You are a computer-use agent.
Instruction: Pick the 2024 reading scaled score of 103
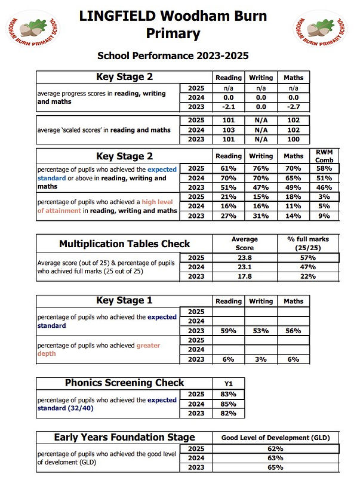(x=229, y=130)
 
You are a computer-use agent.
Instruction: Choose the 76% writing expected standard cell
(x=260, y=170)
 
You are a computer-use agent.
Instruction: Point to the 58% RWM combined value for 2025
(x=325, y=170)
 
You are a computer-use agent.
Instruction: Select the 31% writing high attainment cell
(x=260, y=216)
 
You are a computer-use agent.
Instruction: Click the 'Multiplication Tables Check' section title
(x=125, y=244)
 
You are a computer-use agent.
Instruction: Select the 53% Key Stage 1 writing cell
(x=260, y=330)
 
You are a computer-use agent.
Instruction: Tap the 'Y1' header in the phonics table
(x=229, y=383)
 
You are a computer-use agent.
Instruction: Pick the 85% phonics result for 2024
(x=229, y=404)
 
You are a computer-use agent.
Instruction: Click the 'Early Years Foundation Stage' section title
(x=125, y=438)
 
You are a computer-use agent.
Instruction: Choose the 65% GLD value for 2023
(x=275, y=467)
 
